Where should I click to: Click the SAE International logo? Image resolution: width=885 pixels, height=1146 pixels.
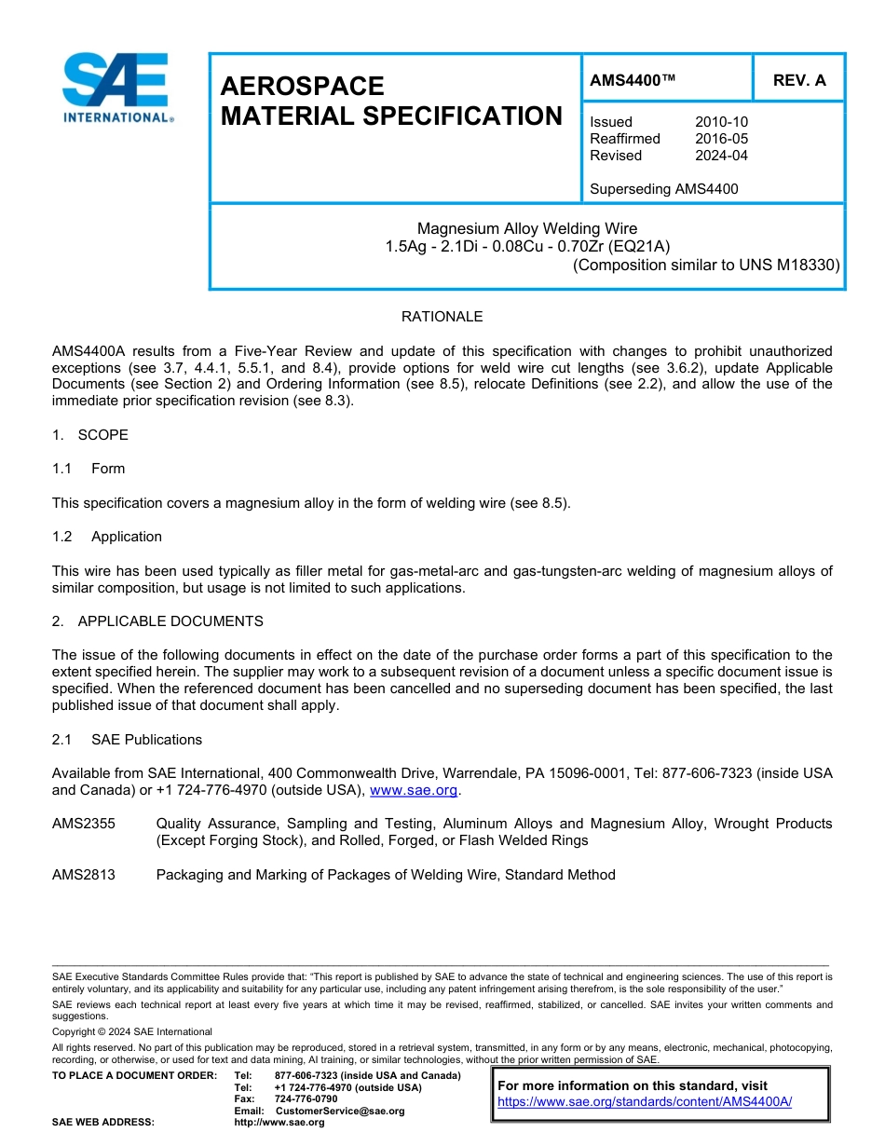point(116,89)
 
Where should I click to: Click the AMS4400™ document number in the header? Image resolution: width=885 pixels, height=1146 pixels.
point(633,81)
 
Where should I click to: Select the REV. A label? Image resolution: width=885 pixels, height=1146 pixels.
point(799,81)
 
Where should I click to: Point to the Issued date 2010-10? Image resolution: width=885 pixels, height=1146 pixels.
point(721,122)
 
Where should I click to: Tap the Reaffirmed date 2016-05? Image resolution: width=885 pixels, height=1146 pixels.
point(721,139)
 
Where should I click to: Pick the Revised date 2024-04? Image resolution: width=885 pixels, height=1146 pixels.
point(721,156)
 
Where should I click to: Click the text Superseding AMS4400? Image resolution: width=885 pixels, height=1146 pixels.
point(663,189)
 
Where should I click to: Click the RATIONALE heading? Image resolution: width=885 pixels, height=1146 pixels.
point(442,317)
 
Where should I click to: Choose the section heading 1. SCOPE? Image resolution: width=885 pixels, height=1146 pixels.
point(90,435)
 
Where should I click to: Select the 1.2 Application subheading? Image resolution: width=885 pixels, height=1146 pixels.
point(107,537)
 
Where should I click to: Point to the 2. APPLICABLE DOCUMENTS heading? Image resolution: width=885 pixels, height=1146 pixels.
point(157,621)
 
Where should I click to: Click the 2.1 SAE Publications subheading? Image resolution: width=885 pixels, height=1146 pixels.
point(127,740)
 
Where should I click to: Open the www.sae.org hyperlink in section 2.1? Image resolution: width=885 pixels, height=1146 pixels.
point(414,790)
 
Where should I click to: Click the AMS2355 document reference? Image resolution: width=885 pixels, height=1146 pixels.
point(84,824)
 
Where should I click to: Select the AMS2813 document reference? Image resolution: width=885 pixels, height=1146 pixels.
point(84,875)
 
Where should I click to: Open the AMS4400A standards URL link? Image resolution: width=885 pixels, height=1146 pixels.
point(645,1101)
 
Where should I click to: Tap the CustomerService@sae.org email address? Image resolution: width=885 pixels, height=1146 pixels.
point(340,1111)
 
